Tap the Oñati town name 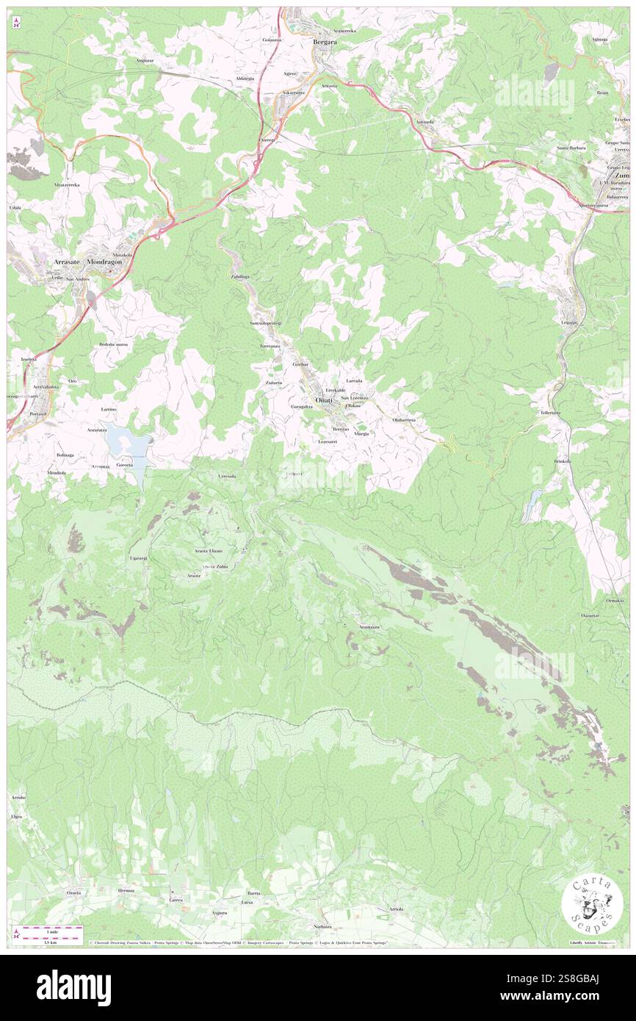coord(323,400)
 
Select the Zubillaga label coord(240,277)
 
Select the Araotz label coord(194,576)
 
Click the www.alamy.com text coord(534,996)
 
